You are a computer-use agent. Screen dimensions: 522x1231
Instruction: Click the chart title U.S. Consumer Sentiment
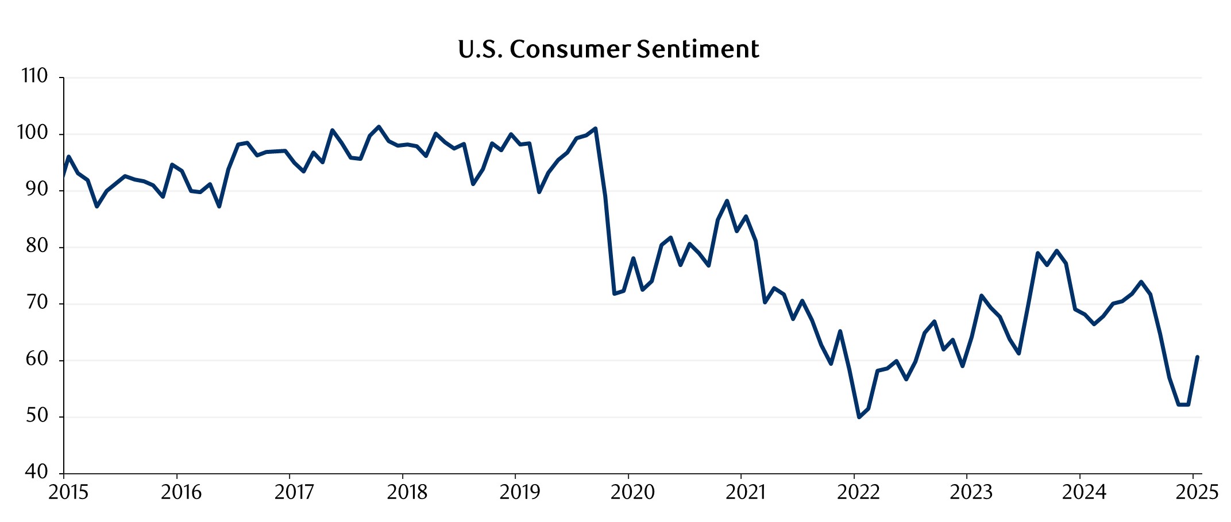coord(608,49)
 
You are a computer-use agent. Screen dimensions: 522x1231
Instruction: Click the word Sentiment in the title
coord(698,49)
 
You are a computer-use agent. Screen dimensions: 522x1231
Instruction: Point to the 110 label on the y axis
coord(34,76)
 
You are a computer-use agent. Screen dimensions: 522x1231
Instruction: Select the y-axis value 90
coord(36,189)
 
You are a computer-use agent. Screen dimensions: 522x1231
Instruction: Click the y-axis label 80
coord(36,246)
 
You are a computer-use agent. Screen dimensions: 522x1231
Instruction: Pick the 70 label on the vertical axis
coord(36,303)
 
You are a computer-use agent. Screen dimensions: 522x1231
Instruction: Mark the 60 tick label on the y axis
coord(36,359)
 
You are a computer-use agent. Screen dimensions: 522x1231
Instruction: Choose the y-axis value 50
coord(36,416)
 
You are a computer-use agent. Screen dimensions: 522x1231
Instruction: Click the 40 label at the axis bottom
coord(36,472)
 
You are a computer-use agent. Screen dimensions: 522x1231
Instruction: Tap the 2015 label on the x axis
coord(68,493)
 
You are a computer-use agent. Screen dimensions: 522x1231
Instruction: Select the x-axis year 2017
coord(294,493)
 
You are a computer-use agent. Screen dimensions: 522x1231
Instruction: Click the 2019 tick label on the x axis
coord(520,493)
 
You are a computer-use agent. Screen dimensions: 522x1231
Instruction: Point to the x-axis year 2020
coord(632,493)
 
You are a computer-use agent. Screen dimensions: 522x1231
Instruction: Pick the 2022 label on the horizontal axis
coord(858,493)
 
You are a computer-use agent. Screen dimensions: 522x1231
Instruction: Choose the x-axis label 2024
coord(1084,493)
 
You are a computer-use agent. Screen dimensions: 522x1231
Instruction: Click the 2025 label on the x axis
coord(1197,493)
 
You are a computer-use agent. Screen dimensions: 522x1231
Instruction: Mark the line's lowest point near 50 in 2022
coord(859,417)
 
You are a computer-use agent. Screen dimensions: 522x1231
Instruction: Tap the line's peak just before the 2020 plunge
coord(595,129)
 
